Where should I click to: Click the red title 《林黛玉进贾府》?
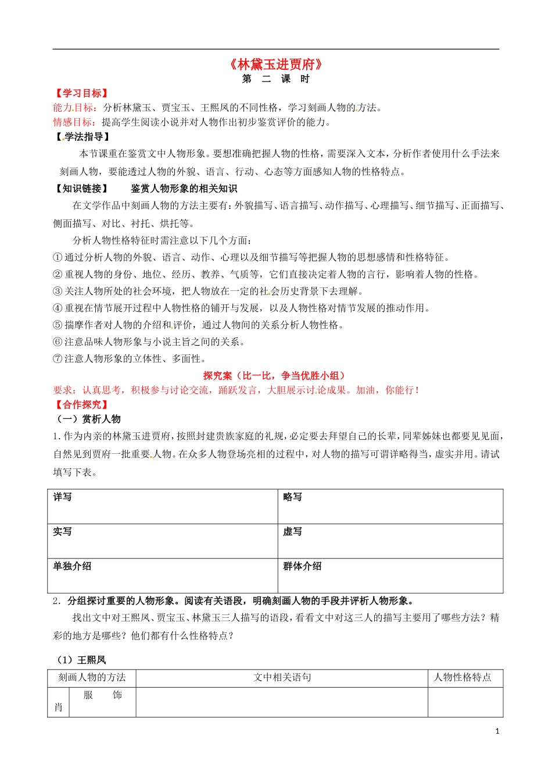[275, 65]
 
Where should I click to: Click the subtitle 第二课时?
[275, 79]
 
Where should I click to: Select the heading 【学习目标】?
[81, 93]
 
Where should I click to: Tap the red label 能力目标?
[73, 108]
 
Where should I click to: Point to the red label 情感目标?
[73, 122]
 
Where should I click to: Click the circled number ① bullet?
[58, 257]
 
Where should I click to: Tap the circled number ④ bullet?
[58, 308]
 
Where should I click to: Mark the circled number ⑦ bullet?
[58, 358]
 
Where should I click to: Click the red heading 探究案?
[217, 376]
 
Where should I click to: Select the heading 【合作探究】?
[81, 404]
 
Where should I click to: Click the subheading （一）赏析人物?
[87, 419]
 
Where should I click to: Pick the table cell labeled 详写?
[63, 497]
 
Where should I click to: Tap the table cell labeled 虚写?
[293, 532]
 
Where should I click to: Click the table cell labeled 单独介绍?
[72, 566]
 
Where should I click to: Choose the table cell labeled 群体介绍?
[302, 566]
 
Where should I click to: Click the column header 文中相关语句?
[282, 677]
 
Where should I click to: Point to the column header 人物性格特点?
[463, 677]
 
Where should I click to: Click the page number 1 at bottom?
[497, 731]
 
